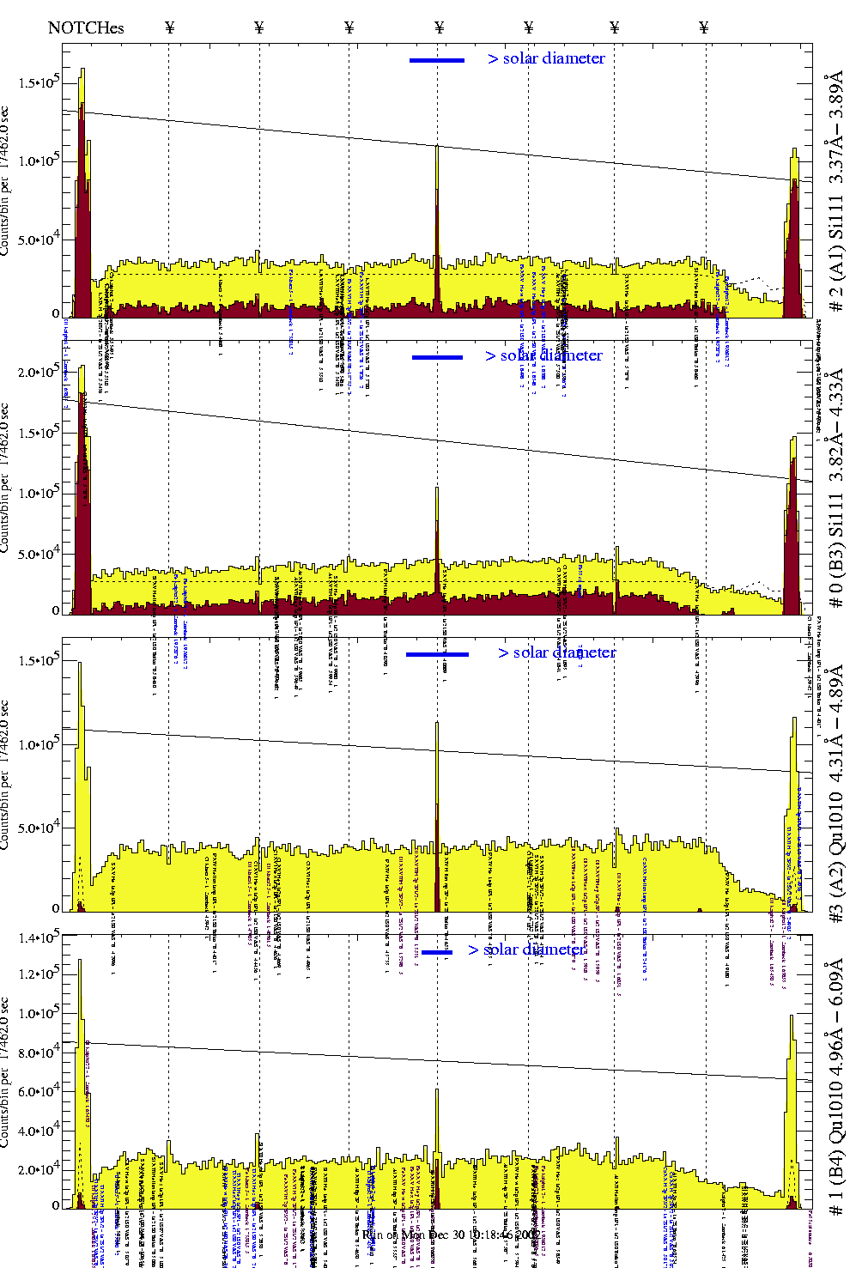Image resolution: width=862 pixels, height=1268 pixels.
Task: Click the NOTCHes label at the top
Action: pyautogui.click(x=86, y=27)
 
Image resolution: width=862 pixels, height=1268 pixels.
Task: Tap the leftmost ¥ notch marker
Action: pyautogui.click(x=169, y=27)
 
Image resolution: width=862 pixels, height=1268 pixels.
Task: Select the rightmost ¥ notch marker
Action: pyautogui.click(x=704, y=27)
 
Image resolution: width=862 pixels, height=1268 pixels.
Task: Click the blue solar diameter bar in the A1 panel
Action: pyautogui.click(x=437, y=60)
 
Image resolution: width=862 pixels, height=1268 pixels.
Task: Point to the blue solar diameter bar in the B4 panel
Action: pyautogui.click(x=437, y=952)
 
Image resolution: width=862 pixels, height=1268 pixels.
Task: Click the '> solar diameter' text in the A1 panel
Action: pyautogui.click(x=546, y=58)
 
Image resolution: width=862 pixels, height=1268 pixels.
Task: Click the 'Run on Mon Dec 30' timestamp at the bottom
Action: pyautogui.click(x=451, y=1235)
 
